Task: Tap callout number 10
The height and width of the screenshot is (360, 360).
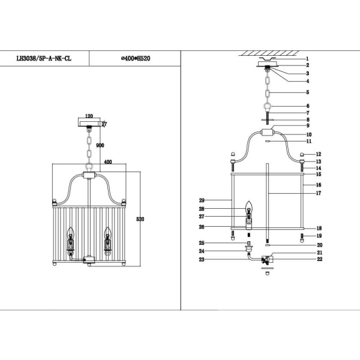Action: pyautogui.click(x=308, y=135)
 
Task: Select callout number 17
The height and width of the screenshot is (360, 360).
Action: pyautogui.click(x=320, y=194)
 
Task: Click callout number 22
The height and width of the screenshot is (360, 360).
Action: pyautogui.click(x=320, y=259)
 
